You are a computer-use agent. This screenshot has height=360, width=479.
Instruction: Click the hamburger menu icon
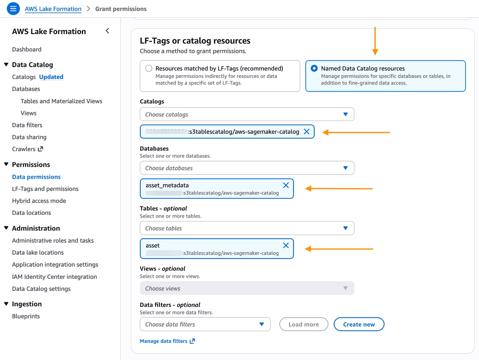coord(13,9)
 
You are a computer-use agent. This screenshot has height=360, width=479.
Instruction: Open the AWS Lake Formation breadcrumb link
coord(53,9)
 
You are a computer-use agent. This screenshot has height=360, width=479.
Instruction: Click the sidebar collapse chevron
coord(107,31)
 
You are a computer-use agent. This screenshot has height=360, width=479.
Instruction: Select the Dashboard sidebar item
coord(27,49)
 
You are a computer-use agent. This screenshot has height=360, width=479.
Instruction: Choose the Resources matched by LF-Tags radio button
coord(149,68)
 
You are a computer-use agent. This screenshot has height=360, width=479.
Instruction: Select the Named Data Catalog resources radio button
coord(314,68)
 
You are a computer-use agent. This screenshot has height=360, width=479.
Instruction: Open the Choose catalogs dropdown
coord(247,114)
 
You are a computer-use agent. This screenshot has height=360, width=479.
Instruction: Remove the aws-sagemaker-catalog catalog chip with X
coord(306,132)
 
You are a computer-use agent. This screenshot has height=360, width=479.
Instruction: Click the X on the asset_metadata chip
coord(286,185)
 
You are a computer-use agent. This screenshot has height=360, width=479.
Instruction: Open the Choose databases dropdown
coord(247,168)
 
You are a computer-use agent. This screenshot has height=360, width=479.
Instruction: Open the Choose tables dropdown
coord(247,228)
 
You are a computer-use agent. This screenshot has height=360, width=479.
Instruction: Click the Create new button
coord(359,324)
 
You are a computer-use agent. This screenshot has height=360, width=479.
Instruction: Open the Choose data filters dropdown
coord(205,324)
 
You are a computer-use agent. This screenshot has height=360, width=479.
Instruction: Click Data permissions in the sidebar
coord(36,177)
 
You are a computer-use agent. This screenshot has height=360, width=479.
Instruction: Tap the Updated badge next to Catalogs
coord(51,77)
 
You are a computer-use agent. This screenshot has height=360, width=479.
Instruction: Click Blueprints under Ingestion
coord(26,316)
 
